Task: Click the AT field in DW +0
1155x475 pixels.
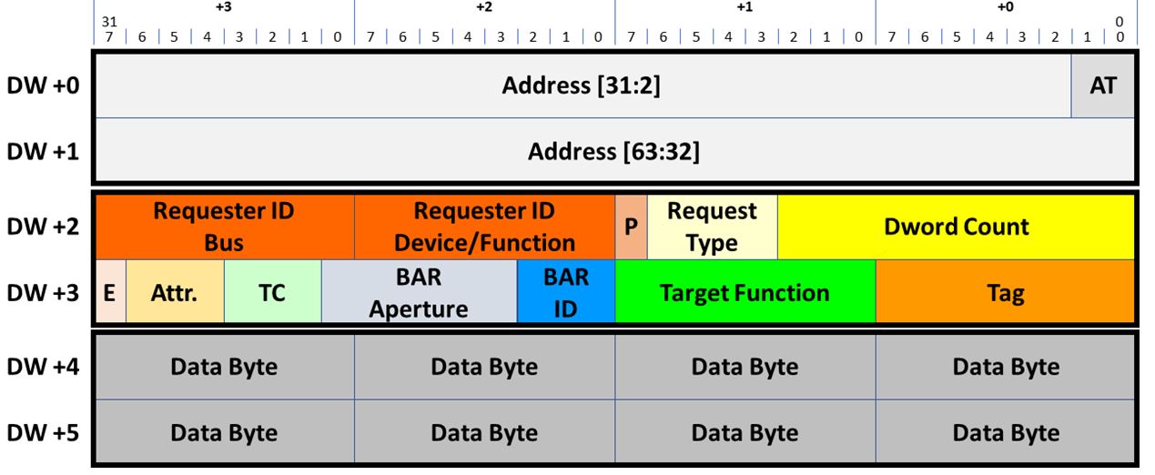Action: (x=1102, y=86)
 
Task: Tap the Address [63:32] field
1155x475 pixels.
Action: (x=614, y=151)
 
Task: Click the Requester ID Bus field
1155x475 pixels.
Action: (x=224, y=227)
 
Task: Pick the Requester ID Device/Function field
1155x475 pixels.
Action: (x=484, y=227)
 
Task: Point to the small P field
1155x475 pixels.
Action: (x=630, y=227)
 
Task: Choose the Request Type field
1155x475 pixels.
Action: (x=712, y=227)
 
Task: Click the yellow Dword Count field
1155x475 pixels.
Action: (x=956, y=227)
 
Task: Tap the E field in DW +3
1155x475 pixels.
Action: (x=110, y=292)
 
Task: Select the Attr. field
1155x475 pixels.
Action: (x=174, y=292)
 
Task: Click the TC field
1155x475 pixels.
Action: (x=272, y=292)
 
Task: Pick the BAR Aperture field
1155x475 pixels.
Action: (x=419, y=292)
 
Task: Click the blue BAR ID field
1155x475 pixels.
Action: (x=565, y=292)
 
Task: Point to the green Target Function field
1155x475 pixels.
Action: (x=745, y=292)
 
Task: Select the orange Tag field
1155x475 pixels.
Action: (x=1005, y=292)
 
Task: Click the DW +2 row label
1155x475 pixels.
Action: (x=44, y=227)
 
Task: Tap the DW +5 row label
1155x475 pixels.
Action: (x=44, y=432)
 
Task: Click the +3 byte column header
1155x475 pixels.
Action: (x=224, y=7)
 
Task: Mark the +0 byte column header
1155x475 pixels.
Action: (x=1005, y=7)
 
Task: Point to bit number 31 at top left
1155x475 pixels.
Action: (x=110, y=21)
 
